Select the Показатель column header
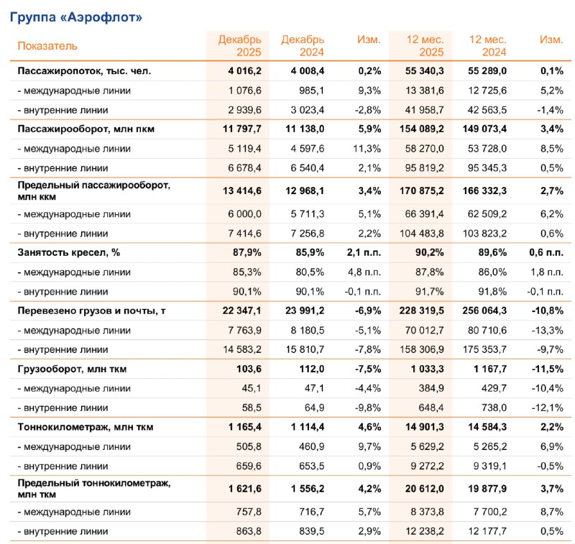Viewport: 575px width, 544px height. [47, 46]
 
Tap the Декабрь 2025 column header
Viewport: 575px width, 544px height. [239, 45]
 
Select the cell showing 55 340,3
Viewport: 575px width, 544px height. [423, 71]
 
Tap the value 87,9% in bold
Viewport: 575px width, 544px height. [246, 252]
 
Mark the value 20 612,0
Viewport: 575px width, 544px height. [423, 488]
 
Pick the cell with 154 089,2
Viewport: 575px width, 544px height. [420, 129]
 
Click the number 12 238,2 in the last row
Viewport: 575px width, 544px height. [423, 531]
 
